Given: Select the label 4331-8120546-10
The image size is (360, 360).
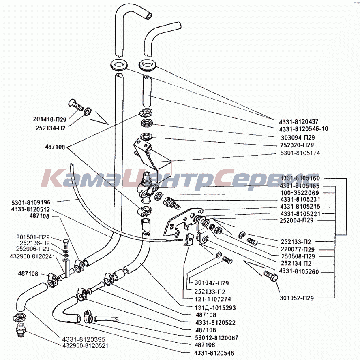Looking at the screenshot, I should click(303, 129).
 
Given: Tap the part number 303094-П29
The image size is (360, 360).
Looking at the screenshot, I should click(298, 137).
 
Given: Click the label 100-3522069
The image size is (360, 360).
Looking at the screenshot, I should click(299, 192).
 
